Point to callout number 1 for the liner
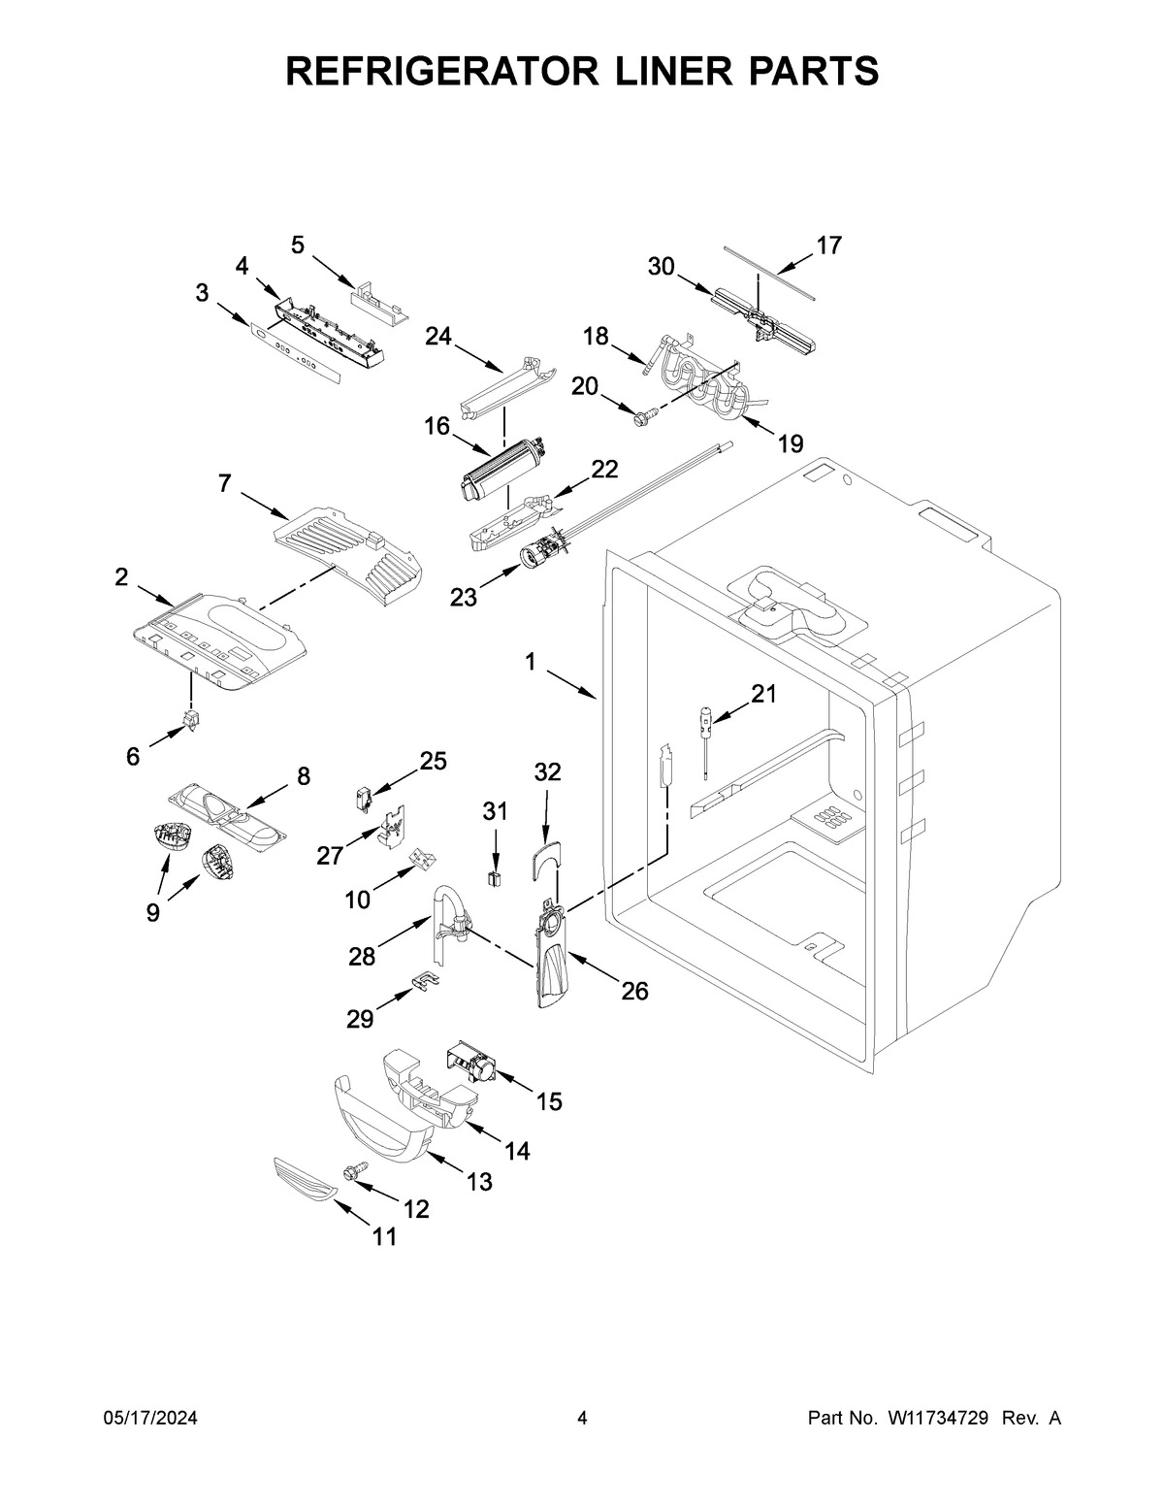pyautogui.click(x=531, y=662)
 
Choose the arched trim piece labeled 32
pyautogui.click(x=546, y=859)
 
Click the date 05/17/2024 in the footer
pyautogui.click(x=150, y=1419)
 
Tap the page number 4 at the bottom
pyautogui.click(x=582, y=1419)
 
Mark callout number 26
pyautogui.click(x=635, y=991)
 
